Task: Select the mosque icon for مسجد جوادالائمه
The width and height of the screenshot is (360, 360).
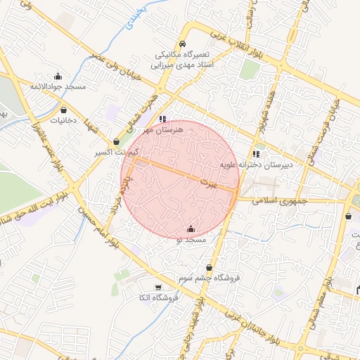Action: point(58,76)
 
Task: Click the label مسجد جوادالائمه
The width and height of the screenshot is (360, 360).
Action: point(58,86)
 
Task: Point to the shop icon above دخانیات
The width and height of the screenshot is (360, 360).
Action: point(65,110)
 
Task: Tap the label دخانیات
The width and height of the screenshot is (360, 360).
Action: point(65,120)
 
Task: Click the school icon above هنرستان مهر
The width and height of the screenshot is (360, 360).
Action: point(163,119)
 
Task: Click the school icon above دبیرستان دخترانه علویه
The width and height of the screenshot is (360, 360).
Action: point(256,154)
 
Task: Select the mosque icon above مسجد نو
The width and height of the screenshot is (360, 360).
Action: point(192,229)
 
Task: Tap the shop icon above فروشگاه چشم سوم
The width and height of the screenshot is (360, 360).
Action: point(210,267)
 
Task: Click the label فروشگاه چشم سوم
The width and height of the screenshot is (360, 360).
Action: point(210,278)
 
